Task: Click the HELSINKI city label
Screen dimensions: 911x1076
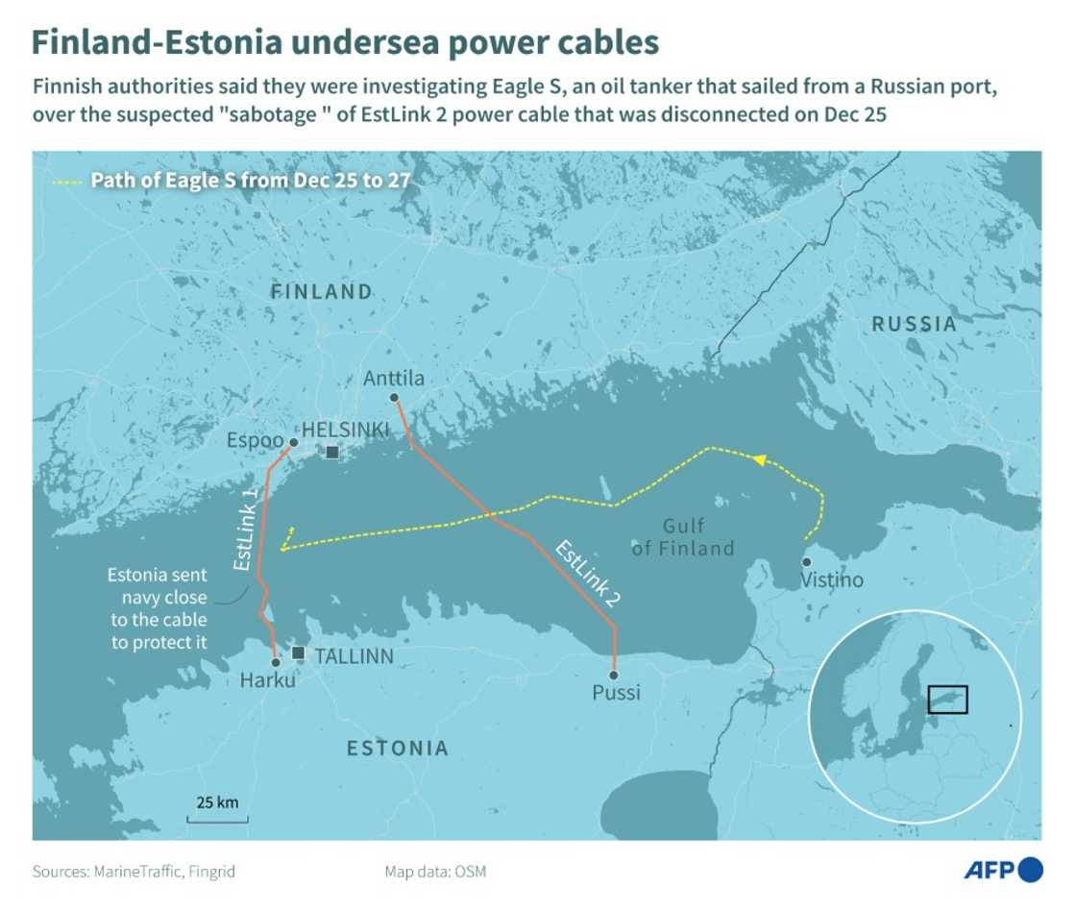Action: pyautogui.click(x=347, y=431)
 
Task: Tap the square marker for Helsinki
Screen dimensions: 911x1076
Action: pyautogui.click(x=332, y=452)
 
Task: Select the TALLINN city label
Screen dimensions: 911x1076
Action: pyautogui.click(x=355, y=656)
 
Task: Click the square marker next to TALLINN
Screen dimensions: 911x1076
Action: pyautogui.click(x=298, y=653)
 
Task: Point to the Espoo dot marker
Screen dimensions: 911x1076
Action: pyautogui.click(x=293, y=442)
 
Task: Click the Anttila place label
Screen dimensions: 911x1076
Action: pyautogui.click(x=394, y=379)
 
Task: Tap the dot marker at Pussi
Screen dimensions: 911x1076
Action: pyautogui.click(x=614, y=674)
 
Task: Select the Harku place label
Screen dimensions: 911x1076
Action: pyautogui.click(x=269, y=681)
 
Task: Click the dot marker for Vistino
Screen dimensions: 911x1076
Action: pyautogui.click(x=806, y=562)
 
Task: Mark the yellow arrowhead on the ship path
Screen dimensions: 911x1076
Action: pyautogui.click(x=759, y=460)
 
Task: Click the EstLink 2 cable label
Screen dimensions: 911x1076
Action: pyautogui.click(x=587, y=573)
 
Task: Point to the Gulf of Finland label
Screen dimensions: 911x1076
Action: pyautogui.click(x=683, y=537)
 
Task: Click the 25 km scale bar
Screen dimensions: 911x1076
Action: pyautogui.click(x=217, y=819)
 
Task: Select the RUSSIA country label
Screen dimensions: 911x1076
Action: pyautogui.click(x=914, y=324)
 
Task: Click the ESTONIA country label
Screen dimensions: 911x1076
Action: pyautogui.click(x=397, y=748)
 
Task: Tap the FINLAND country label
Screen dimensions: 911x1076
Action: pyautogui.click(x=321, y=291)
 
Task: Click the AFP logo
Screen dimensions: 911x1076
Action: pyautogui.click(x=1003, y=870)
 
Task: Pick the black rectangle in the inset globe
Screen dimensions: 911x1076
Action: pyautogui.click(x=947, y=700)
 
